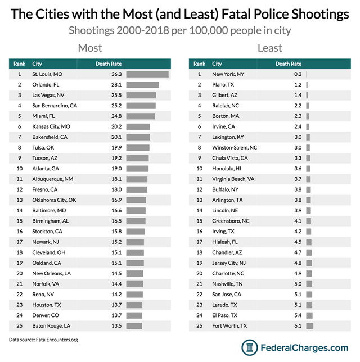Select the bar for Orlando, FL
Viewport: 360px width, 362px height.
[142, 84]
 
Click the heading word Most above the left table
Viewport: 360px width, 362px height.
[89, 47]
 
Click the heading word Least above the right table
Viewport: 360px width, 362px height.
[269, 47]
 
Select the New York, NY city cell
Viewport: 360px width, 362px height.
[228, 74]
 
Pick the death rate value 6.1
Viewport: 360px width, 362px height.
[297, 325]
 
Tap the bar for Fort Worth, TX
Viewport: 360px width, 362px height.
[309, 325]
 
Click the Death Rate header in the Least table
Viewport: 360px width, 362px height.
[288, 64]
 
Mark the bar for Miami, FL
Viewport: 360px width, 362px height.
[141, 116]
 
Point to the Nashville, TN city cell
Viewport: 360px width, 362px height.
[228, 283]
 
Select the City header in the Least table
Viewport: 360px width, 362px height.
[217, 64]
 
